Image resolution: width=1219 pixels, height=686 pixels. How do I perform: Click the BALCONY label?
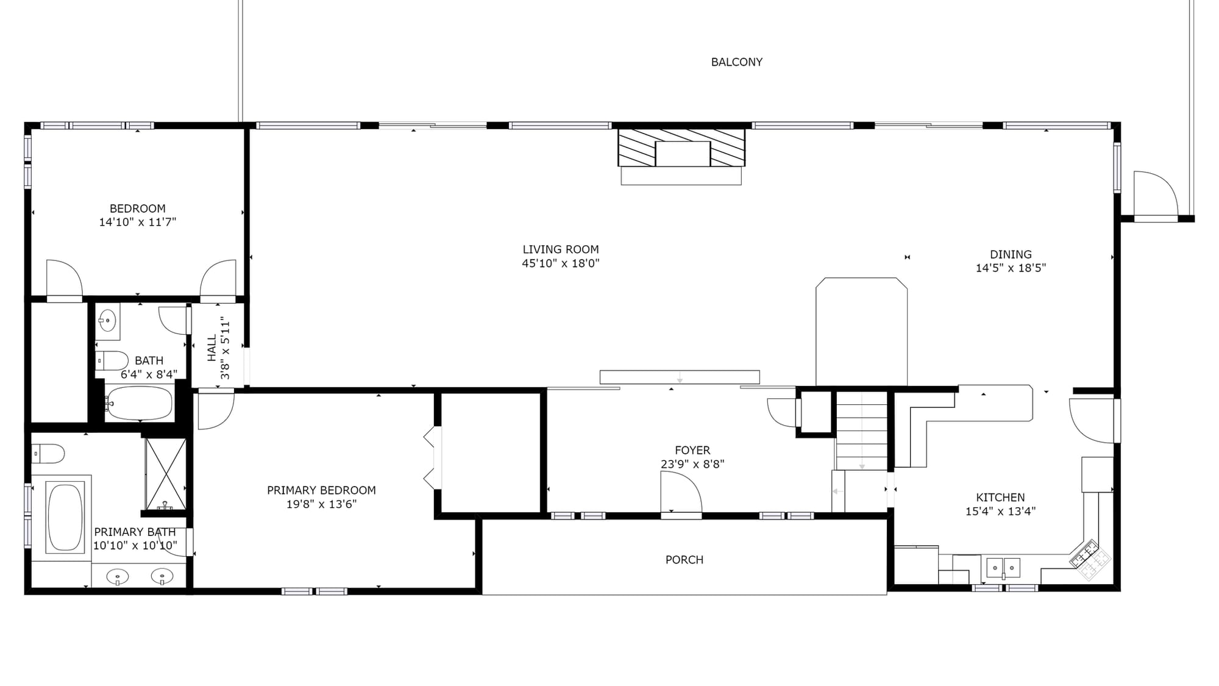coord(736,62)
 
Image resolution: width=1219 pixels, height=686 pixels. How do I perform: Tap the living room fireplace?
coord(681,148)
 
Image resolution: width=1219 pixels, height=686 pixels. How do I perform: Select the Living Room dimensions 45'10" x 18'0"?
coord(561,263)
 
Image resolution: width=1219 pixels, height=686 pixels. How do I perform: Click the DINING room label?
coord(1011,254)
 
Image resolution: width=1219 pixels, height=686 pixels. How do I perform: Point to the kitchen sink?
coord(1003,567)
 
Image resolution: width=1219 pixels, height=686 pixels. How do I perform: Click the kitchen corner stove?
coord(1090,559)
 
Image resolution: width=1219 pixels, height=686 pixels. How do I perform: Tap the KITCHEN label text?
coord(1000,498)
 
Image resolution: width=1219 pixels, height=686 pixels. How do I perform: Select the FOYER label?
coord(692,450)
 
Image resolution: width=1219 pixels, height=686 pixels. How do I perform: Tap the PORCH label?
coord(684,560)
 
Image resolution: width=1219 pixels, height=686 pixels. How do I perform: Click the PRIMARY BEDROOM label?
coord(321,490)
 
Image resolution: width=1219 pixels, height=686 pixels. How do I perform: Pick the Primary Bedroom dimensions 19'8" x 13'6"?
coord(321,504)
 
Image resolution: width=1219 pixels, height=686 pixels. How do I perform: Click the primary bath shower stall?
coord(165,474)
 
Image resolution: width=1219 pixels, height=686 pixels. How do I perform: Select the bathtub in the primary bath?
coord(65,517)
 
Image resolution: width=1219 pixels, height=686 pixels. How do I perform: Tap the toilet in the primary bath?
coord(48,454)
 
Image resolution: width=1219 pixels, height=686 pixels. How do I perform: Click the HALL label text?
coord(212,348)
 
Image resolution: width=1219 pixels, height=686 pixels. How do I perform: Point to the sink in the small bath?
coord(108,320)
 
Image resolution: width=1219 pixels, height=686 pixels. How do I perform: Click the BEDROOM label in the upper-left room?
coord(138,209)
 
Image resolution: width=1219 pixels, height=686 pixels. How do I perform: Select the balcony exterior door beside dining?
coord(1155,195)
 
